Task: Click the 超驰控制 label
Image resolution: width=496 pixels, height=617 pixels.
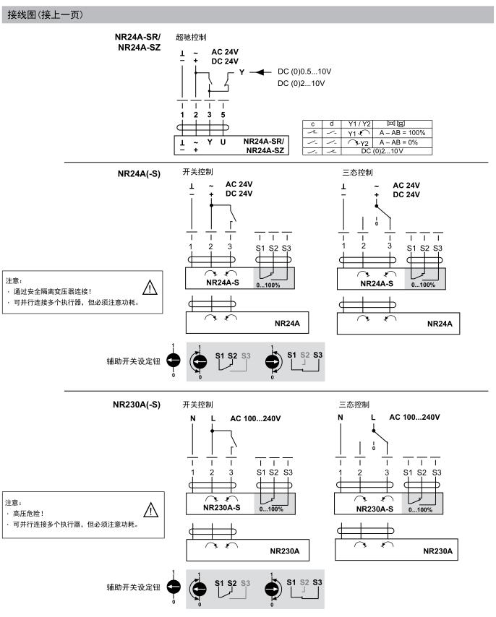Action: coord(189,38)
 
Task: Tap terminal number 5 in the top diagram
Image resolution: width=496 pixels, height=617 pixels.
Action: coord(223,114)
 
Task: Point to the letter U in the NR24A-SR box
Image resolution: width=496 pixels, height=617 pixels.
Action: coord(223,142)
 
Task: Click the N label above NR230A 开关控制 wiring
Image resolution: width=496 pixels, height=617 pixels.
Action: coord(192,418)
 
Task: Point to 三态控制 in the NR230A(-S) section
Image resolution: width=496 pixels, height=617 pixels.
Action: coord(354,404)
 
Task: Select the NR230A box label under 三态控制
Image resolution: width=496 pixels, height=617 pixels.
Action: coord(437,551)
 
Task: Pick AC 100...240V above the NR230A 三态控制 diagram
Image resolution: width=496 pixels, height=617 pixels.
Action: coord(414,418)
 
